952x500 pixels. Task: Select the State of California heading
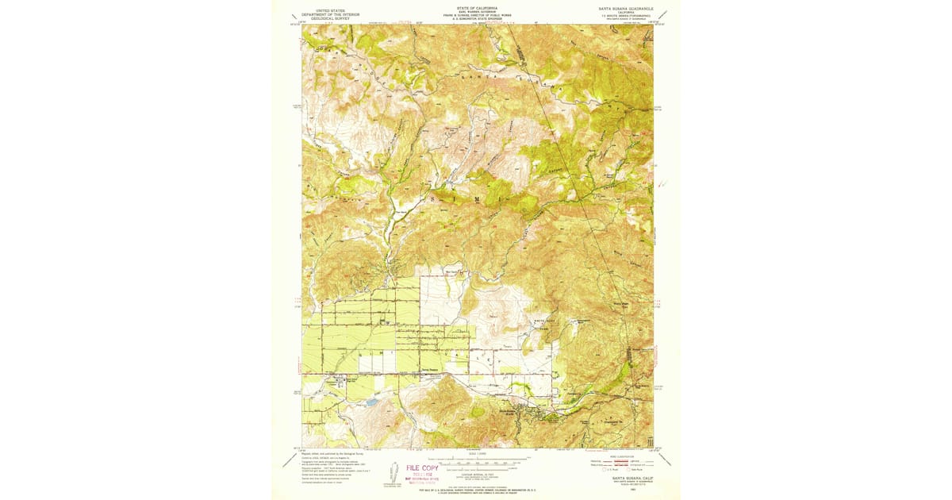[476, 7]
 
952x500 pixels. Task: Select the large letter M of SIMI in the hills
[477, 198]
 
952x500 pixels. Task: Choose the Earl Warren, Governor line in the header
[476, 11]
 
